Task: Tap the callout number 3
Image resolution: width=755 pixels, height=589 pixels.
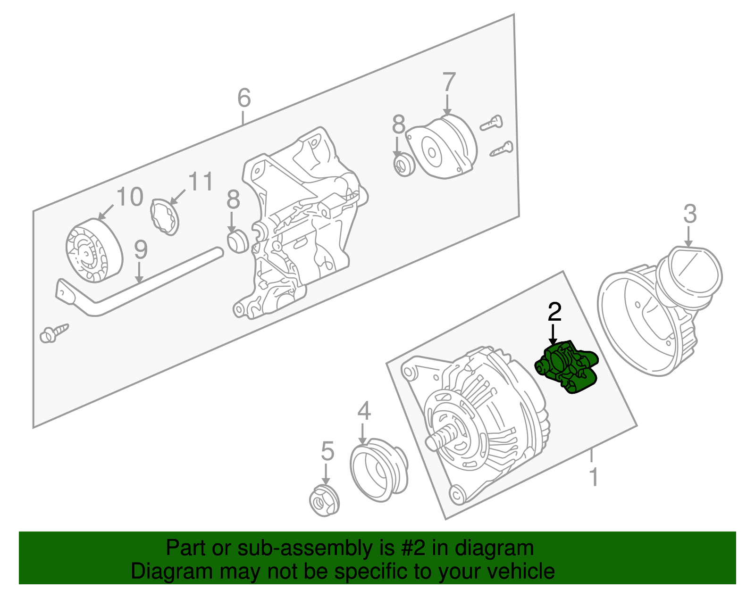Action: [x=690, y=214]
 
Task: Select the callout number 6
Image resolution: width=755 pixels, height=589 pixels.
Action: [x=244, y=98]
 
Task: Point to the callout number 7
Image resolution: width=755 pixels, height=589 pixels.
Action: [x=449, y=82]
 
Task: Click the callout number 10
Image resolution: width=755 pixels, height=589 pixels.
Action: [x=129, y=197]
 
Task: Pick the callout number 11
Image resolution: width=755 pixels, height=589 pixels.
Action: [x=201, y=181]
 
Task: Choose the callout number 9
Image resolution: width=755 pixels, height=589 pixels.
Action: [x=141, y=249]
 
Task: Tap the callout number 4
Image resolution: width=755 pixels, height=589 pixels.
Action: [x=364, y=411]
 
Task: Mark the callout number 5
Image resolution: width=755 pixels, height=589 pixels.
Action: [x=327, y=451]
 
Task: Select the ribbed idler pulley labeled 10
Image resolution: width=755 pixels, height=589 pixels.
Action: [x=94, y=250]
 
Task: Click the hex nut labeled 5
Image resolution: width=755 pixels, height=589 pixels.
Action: [x=324, y=500]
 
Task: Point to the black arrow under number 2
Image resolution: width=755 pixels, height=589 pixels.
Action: [x=553, y=335]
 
